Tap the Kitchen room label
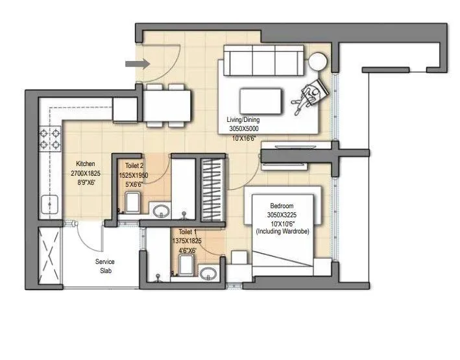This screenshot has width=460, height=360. click(x=86, y=163)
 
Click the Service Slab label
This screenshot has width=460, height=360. click(x=105, y=266)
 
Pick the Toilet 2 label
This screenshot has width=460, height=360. click(x=132, y=167)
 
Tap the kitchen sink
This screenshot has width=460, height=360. click(x=49, y=204)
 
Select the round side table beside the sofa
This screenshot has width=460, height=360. click(x=318, y=62)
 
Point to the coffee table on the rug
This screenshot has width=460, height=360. click(x=261, y=101)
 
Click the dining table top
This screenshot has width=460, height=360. click(x=167, y=104)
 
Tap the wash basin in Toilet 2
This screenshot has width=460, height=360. click(x=161, y=210)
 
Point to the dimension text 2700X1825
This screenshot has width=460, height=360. click(x=86, y=174)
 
